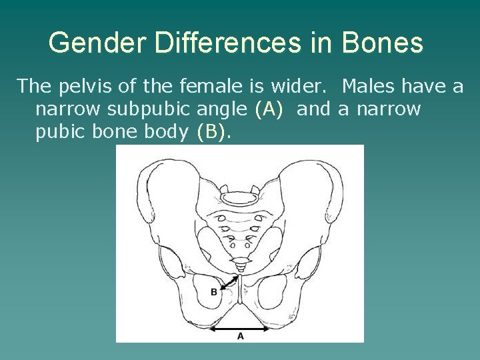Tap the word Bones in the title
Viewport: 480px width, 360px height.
(382, 43)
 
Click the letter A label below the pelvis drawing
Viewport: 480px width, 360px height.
(241, 337)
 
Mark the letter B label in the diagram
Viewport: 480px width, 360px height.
(213, 292)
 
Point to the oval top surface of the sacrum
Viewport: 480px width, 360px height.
(241, 197)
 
